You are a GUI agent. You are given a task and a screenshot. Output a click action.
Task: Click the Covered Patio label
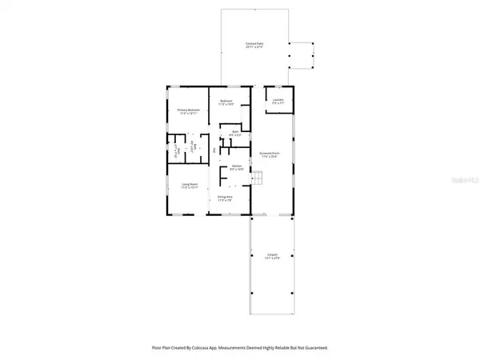254,44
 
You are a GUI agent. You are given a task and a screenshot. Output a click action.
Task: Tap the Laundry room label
278,100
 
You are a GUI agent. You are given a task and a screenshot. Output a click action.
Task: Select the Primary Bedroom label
187,110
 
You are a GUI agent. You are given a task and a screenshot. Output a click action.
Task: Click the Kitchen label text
237,166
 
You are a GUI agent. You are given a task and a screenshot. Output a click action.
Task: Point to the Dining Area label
225,196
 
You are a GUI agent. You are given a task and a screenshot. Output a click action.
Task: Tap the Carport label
273,254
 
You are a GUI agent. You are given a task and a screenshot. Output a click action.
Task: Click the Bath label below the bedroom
235,131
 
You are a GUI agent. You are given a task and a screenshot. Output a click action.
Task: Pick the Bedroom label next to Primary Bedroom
226,101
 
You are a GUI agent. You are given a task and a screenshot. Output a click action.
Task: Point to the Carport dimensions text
273,258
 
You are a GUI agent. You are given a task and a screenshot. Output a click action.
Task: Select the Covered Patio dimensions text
254,48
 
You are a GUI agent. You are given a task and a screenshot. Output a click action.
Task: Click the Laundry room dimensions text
278,104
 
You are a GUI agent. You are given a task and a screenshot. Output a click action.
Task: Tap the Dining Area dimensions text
225,200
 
